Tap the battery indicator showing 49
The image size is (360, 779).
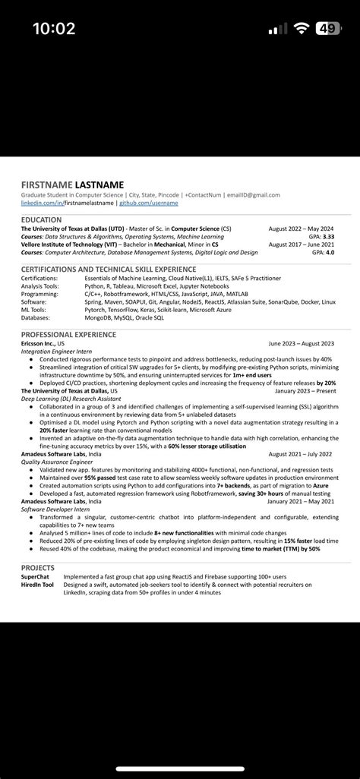(328, 29)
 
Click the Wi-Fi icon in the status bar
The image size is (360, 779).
(302, 29)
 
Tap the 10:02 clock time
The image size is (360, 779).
(54, 29)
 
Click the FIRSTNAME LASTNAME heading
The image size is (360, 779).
(72, 184)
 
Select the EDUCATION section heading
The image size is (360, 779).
(42, 219)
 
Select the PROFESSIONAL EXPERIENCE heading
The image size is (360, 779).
(68, 334)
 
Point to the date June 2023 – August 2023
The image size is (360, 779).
(301, 343)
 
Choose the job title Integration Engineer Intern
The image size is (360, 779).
(58, 351)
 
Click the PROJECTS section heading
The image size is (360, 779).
(38, 567)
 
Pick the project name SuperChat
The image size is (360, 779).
(36, 577)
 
